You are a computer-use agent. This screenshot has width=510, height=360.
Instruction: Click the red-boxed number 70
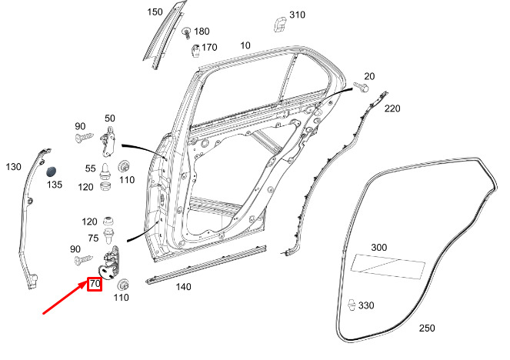95,284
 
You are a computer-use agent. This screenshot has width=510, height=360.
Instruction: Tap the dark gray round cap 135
52,172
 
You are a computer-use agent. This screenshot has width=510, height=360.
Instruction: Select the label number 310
297,15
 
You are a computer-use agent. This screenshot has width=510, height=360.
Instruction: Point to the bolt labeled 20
361,87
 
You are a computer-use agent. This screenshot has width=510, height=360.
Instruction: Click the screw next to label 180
186,33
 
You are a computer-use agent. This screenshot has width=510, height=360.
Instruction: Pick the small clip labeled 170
195,51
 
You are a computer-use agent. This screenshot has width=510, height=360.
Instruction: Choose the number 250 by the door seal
427,328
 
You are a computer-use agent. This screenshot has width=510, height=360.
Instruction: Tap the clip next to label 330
352,305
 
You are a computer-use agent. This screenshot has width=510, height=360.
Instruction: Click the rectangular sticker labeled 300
388,266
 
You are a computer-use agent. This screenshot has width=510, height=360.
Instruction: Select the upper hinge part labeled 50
108,141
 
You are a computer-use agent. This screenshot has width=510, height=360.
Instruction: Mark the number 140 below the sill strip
183,287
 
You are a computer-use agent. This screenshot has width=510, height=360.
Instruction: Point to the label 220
392,108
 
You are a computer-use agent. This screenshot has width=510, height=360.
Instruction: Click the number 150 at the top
155,12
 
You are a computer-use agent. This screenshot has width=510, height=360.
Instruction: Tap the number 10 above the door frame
245,45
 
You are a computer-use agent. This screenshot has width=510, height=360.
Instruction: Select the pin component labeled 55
105,172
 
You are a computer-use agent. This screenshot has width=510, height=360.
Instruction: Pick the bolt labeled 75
108,236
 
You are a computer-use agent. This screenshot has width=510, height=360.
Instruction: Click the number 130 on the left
13,167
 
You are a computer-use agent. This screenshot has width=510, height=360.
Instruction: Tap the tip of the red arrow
87,282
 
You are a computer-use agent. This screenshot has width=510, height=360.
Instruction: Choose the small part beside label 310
279,25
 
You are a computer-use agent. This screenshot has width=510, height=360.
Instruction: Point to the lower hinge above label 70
109,263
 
